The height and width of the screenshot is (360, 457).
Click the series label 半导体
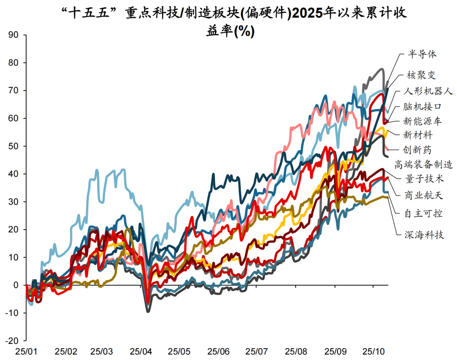click(x=422, y=54)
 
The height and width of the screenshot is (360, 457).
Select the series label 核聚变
click(x=421, y=75)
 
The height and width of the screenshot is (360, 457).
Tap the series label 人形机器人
click(x=428, y=91)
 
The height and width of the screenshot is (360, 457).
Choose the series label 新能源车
click(x=422, y=121)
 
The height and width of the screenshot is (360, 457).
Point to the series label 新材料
click(x=418, y=135)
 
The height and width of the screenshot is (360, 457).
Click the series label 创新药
click(x=418, y=150)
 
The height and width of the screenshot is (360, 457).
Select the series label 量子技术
click(x=424, y=179)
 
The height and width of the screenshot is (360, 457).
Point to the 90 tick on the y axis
click(x=14, y=35)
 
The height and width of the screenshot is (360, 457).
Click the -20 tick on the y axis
click(x=13, y=341)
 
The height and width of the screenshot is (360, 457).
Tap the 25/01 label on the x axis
click(x=26, y=352)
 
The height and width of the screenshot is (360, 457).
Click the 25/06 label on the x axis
click(x=219, y=352)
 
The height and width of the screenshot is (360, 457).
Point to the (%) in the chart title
click(x=244, y=32)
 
